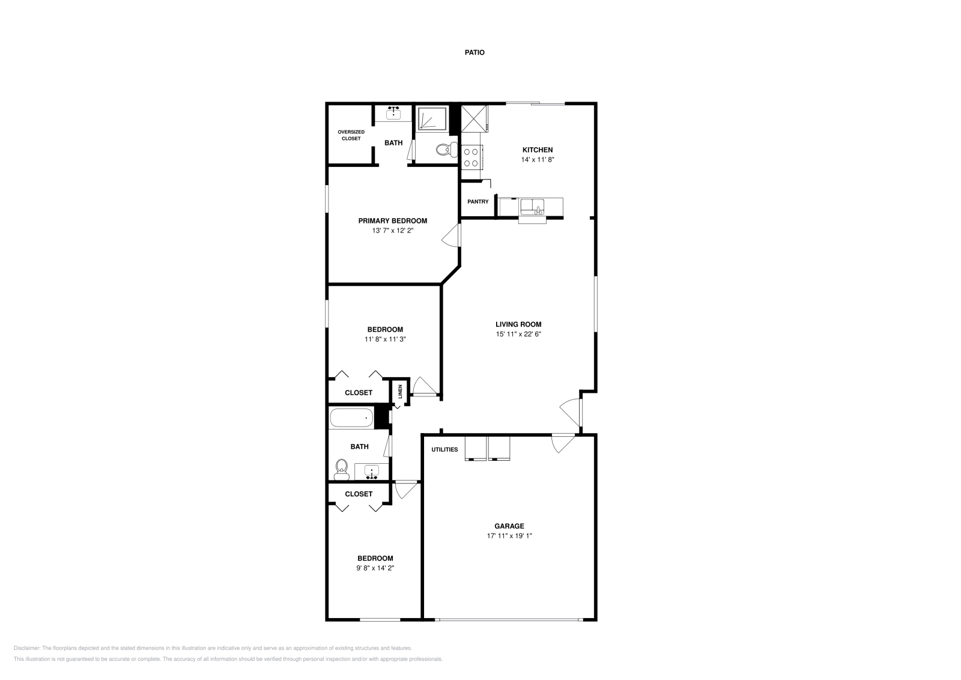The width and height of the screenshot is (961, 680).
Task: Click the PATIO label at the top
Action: tap(474, 53)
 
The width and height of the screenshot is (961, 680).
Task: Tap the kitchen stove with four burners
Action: tap(471, 157)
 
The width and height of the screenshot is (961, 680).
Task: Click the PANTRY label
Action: tap(478, 202)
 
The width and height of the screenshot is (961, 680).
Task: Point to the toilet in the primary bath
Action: tap(444, 150)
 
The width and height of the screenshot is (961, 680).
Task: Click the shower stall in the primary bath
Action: tap(432, 118)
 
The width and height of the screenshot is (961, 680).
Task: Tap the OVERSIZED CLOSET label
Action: tap(351, 135)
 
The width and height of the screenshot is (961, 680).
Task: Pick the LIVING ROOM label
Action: tap(518, 324)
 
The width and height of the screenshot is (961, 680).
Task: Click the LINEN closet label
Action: tap(401, 392)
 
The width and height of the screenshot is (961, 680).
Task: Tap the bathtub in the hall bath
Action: tap(351, 417)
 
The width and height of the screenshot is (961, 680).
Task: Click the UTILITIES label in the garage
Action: tap(444, 450)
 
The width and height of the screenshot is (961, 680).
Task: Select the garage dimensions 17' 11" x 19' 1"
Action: tap(509, 536)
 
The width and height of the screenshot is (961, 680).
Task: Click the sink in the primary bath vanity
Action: tap(394, 112)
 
